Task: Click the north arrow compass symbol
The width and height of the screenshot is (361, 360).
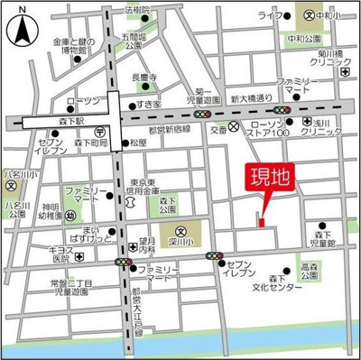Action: tap(20, 33)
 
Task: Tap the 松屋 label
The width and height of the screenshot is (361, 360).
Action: tap(137, 143)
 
